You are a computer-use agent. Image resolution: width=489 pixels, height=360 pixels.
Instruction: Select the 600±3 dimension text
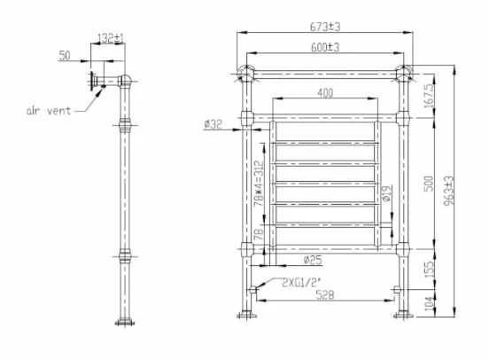pos(327,47)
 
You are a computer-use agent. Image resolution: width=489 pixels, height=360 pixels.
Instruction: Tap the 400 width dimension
pos(327,92)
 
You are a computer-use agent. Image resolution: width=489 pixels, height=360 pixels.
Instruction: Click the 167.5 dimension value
pos(429,96)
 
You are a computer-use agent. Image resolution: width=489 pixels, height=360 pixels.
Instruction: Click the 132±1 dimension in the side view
pos(111,39)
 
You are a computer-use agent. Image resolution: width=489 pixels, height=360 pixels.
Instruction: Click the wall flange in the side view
pos(91,81)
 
